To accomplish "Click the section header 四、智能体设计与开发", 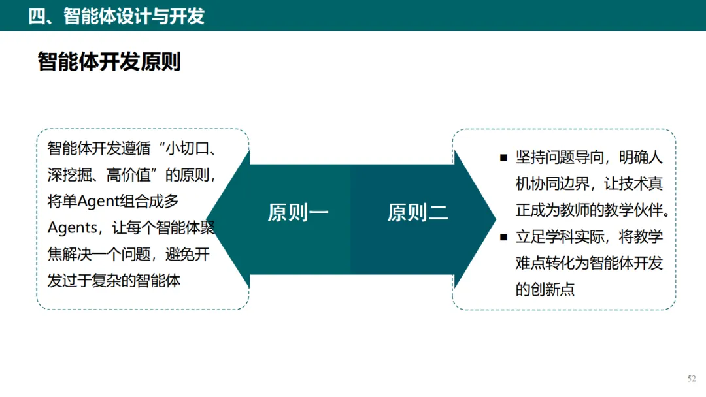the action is [x=116, y=16].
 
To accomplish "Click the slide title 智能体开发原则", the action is [x=109, y=61].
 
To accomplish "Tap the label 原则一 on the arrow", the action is [x=298, y=213].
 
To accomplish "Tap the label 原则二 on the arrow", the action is [x=418, y=213].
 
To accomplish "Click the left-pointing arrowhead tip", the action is [x=207, y=219].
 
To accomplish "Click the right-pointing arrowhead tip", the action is [x=496, y=219].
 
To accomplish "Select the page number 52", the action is [x=692, y=379].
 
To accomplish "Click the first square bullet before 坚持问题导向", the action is [x=504, y=157].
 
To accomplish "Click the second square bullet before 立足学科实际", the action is [x=504, y=237].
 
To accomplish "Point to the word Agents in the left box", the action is [x=72, y=228].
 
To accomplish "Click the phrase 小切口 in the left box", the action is [x=188, y=148].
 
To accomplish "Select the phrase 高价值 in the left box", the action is [x=128, y=175].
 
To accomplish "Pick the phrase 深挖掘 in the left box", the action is [x=70, y=175].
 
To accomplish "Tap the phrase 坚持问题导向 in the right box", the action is [x=560, y=157].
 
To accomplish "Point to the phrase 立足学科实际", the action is [x=560, y=237].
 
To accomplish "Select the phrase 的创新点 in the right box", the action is [x=545, y=289].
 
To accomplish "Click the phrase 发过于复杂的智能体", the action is [x=114, y=281].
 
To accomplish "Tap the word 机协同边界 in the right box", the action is [x=552, y=184].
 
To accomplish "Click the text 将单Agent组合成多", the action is [x=113, y=201].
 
